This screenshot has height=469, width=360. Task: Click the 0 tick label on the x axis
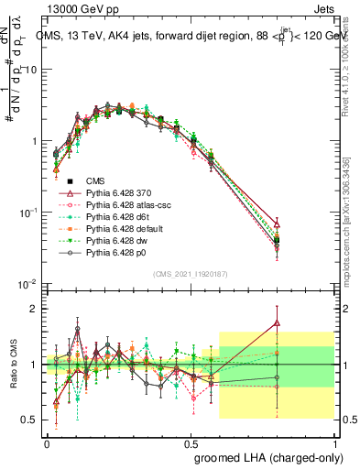[x=47, y=441]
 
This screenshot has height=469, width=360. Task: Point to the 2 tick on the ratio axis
[x=36, y=309]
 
